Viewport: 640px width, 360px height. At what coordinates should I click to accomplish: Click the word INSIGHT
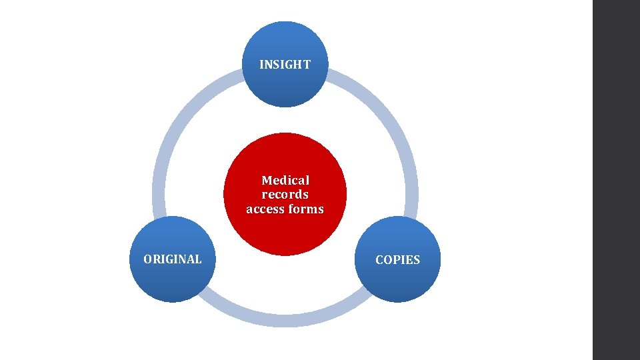(x=285, y=65)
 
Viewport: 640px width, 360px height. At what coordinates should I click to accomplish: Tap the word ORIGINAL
(x=173, y=259)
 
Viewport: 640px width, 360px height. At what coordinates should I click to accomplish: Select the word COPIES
(x=397, y=260)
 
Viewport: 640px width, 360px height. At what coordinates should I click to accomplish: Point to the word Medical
(x=285, y=180)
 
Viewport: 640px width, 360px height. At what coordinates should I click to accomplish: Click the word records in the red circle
(x=285, y=195)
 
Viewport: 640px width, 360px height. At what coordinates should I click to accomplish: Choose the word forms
(x=306, y=209)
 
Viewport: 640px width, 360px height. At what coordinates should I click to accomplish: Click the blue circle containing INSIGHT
(x=285, y=87)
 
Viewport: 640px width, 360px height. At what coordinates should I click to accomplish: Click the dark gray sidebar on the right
(x=616, y=180)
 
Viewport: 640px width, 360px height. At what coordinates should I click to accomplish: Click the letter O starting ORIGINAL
(x=148, y=259)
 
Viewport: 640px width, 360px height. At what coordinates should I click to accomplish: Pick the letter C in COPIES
(x=379, y=260)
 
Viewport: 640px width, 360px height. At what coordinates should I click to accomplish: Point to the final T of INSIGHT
(x=307, y=65)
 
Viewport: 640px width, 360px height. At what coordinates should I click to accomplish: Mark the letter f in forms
(x=291, y=209)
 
